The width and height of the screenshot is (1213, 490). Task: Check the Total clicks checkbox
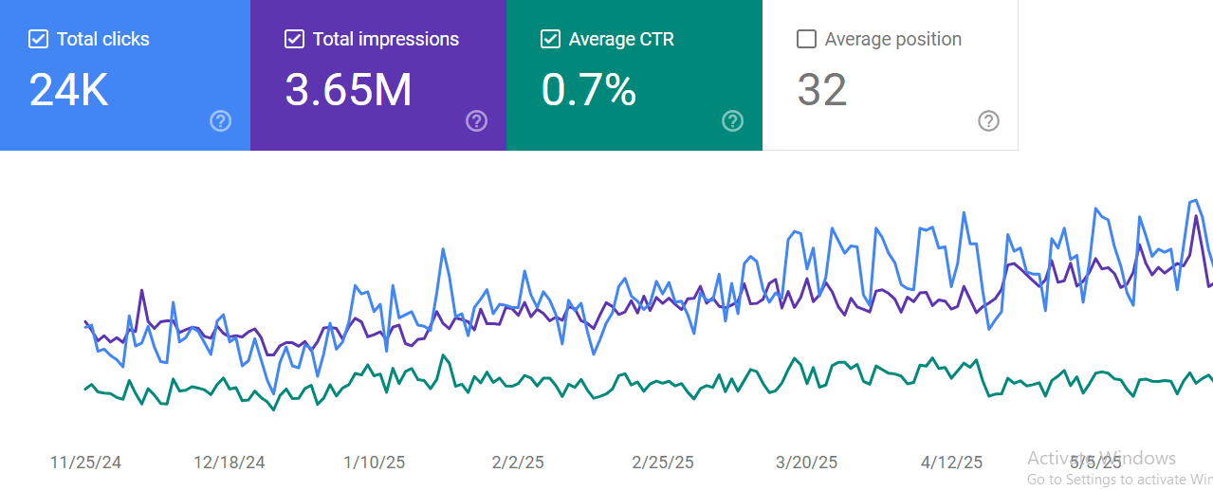tap(38, 39)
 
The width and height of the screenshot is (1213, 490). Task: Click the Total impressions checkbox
tap(294, 39)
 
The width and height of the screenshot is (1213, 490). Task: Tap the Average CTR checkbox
tap(550, 39)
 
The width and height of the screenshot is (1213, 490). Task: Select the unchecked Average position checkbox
tap(806, 39)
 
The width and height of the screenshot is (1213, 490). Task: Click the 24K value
tap(68, 90)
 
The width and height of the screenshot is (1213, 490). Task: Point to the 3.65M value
tap(348, 90)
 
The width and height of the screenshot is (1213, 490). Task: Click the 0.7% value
tap(588, 90)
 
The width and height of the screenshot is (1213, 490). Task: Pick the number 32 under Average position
tap(821, 90)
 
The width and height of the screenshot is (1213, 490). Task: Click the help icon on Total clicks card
tap(220, 120)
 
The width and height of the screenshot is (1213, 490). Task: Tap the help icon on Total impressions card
tap(476, 120)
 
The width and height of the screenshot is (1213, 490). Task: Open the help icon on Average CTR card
tap(732, 120)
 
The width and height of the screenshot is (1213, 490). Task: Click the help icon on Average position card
tap(988, 120)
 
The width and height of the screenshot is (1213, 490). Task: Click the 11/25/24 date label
tap(85, 463)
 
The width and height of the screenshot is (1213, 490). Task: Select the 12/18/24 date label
tap(230, 463)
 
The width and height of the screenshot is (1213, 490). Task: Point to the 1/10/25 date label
tap(374, 463)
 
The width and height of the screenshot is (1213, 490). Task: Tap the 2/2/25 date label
tap(518, 463)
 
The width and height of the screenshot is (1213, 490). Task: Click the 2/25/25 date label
tap(663, 463)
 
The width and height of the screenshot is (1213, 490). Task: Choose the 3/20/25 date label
tap(807, 463)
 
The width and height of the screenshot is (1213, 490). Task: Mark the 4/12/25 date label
tap(952, 463)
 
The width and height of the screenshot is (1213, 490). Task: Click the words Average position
tap(892, 39)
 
